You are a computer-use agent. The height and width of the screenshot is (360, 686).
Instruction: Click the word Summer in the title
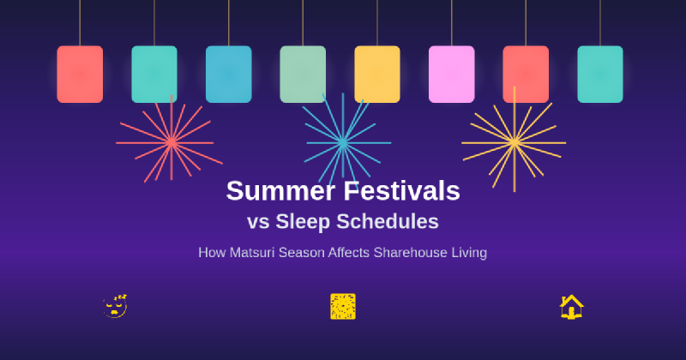[x=280, y=190]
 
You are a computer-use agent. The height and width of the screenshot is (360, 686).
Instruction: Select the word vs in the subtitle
[x=258, y=222]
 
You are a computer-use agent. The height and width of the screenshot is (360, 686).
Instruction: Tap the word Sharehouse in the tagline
[x=414, y=253]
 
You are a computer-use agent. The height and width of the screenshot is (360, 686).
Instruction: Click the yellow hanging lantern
[x=377, y=75]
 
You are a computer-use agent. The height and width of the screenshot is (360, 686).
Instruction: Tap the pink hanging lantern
[x=451, y=75]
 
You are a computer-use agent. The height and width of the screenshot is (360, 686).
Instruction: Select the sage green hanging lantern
[x=303, y=75]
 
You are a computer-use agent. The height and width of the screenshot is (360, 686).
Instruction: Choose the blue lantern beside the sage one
[x=228, y=75]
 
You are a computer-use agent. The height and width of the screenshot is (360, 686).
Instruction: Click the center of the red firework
[x=171, y=141]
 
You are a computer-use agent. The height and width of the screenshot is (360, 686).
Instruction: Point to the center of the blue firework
[x=343, y=142]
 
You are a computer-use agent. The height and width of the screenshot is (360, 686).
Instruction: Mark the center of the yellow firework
[x=514, y=141]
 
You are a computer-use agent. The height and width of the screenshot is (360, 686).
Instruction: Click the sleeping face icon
[x=115, y=306]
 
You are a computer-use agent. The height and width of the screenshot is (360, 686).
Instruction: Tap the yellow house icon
[x=571, y=306]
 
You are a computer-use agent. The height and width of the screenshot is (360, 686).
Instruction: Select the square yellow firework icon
[x=343, y=306]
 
